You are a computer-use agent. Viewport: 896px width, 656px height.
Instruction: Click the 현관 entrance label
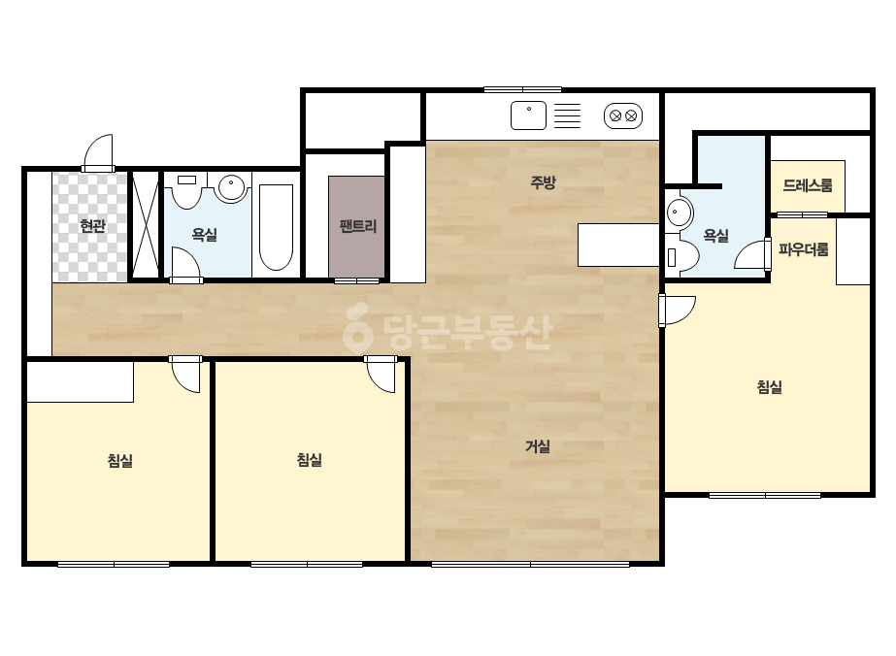pyautogui.click(x=92, y=226)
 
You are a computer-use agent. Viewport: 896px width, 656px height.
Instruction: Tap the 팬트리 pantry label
pyautogui.click(x=357, y=226)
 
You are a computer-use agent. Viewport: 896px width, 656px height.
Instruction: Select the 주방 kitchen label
pyautogui.click(x=543, y=182)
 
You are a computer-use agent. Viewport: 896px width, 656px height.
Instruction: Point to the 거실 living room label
pyautogui.click(x=538, y=446)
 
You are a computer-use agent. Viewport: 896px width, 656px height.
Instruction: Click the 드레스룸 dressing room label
pyautogui.click(x=808, y=185)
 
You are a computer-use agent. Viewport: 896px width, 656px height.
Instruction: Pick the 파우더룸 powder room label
pyautogui.click(x=804, y=249)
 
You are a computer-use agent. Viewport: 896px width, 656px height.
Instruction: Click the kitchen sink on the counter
pyautogui.click(x=528, y=115)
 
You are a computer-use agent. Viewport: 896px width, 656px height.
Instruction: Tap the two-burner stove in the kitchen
pyautogui.click(x=623, y=116)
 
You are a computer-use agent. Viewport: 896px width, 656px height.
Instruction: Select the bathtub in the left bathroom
pyautogui.click(x=276, y=227)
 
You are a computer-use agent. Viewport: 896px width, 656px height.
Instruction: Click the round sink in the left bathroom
pyautogui.click(x=232, y=187)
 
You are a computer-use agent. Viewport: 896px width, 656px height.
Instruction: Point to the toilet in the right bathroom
pyautogui.click(x=682, y=256)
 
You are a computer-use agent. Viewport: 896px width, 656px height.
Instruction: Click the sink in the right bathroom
pyautogui.click(x=679, y=213)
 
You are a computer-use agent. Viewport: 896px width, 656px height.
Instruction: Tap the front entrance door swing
pyautogui.click(x=98, y=152)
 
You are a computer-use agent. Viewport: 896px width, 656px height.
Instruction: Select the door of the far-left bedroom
pyautogui.click(x=185, y=375)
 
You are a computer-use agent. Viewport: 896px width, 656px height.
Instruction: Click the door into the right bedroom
pyautogui.click(x=678, y=311)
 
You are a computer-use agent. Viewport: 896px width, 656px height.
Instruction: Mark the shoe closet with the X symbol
pyautogui.click(x=146, y=224)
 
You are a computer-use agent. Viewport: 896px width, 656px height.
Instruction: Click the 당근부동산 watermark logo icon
pyautogui.click(x=357, y=327)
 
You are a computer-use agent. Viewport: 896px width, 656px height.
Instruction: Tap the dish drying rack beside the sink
pyautogui.click(x=568, y=116)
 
